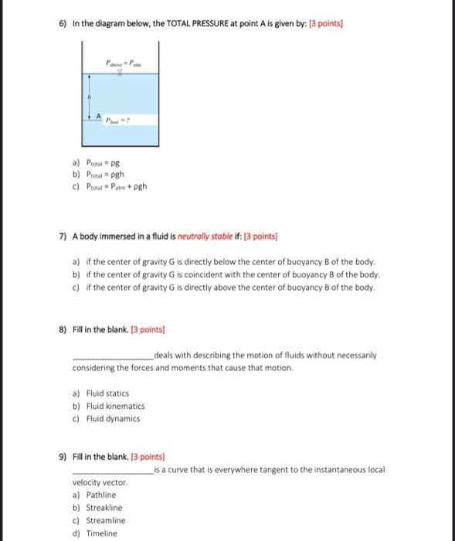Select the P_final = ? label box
[x=121, y=121]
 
